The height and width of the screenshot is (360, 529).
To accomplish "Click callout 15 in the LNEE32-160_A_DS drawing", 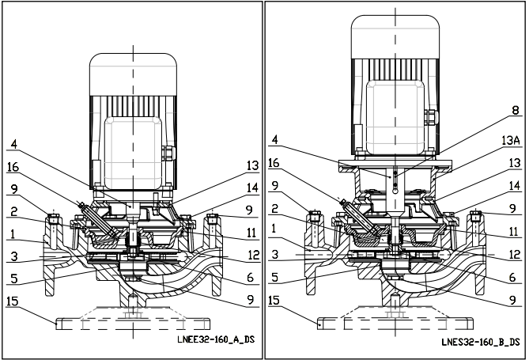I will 12,301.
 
